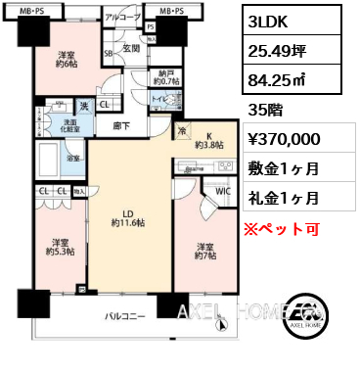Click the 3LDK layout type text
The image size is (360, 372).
(269, 21)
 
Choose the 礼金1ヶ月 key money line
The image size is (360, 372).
(282, 197)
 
